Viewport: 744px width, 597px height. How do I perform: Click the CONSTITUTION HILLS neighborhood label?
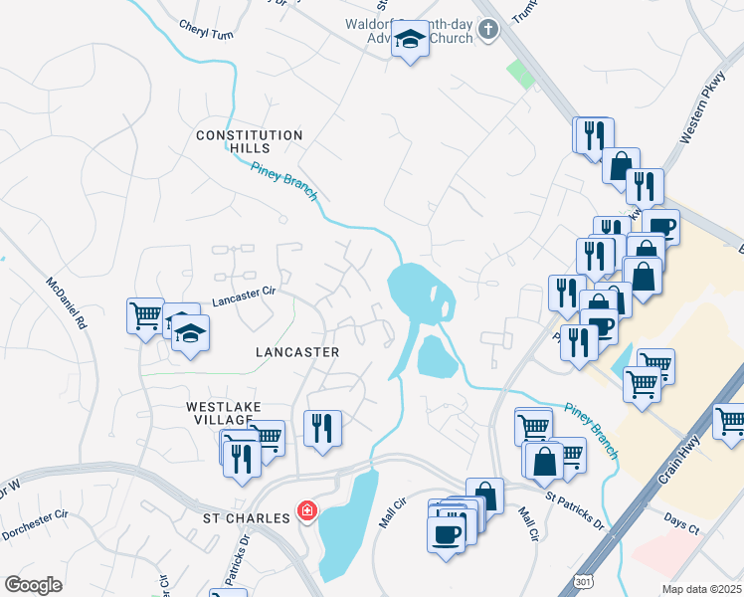(x=249, y=141)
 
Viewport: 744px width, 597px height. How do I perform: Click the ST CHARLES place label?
(x=246, y=517)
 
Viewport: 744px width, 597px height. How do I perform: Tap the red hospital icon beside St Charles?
(x=307, y=512)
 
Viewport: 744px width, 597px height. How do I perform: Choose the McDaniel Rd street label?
(x=67, y=304)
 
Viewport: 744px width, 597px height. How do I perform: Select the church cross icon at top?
(x=487, y=30)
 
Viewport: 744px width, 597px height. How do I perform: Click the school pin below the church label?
(x=409, y=42)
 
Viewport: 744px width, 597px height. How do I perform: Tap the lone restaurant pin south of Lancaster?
(x=322, y=429)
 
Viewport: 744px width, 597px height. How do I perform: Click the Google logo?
(x=33, y=585)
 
